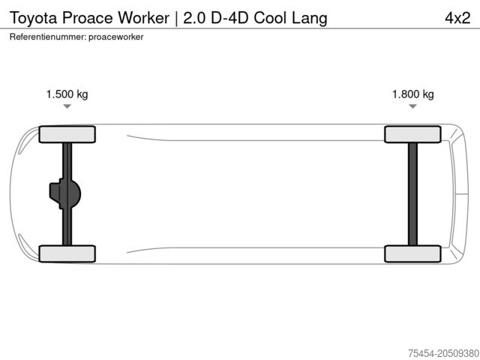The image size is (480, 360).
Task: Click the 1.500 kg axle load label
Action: coord(67,94)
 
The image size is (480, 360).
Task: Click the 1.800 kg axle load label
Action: coord(412,94)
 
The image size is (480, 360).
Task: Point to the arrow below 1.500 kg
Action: coord(67,107)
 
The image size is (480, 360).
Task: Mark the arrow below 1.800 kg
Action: coord(412,107)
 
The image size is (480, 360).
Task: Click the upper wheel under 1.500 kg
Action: coord(67,134)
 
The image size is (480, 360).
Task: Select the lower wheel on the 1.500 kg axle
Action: coord(67,253)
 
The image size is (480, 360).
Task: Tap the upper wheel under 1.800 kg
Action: coord(412,134)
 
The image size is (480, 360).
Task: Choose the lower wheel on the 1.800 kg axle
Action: coord(412,253)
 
